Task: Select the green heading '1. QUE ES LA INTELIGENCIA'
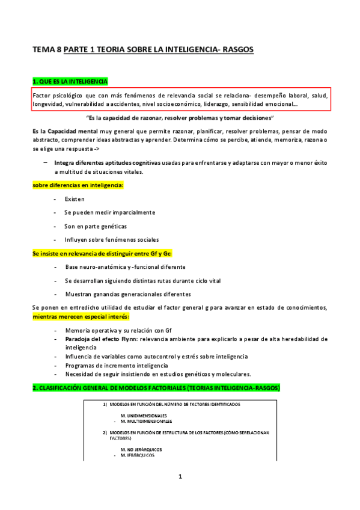(x=70, y=81)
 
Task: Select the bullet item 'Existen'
(x=75, y=198)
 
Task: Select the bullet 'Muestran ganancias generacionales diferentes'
(x=128, y=294)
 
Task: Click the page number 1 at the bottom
(x=180, y=478)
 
